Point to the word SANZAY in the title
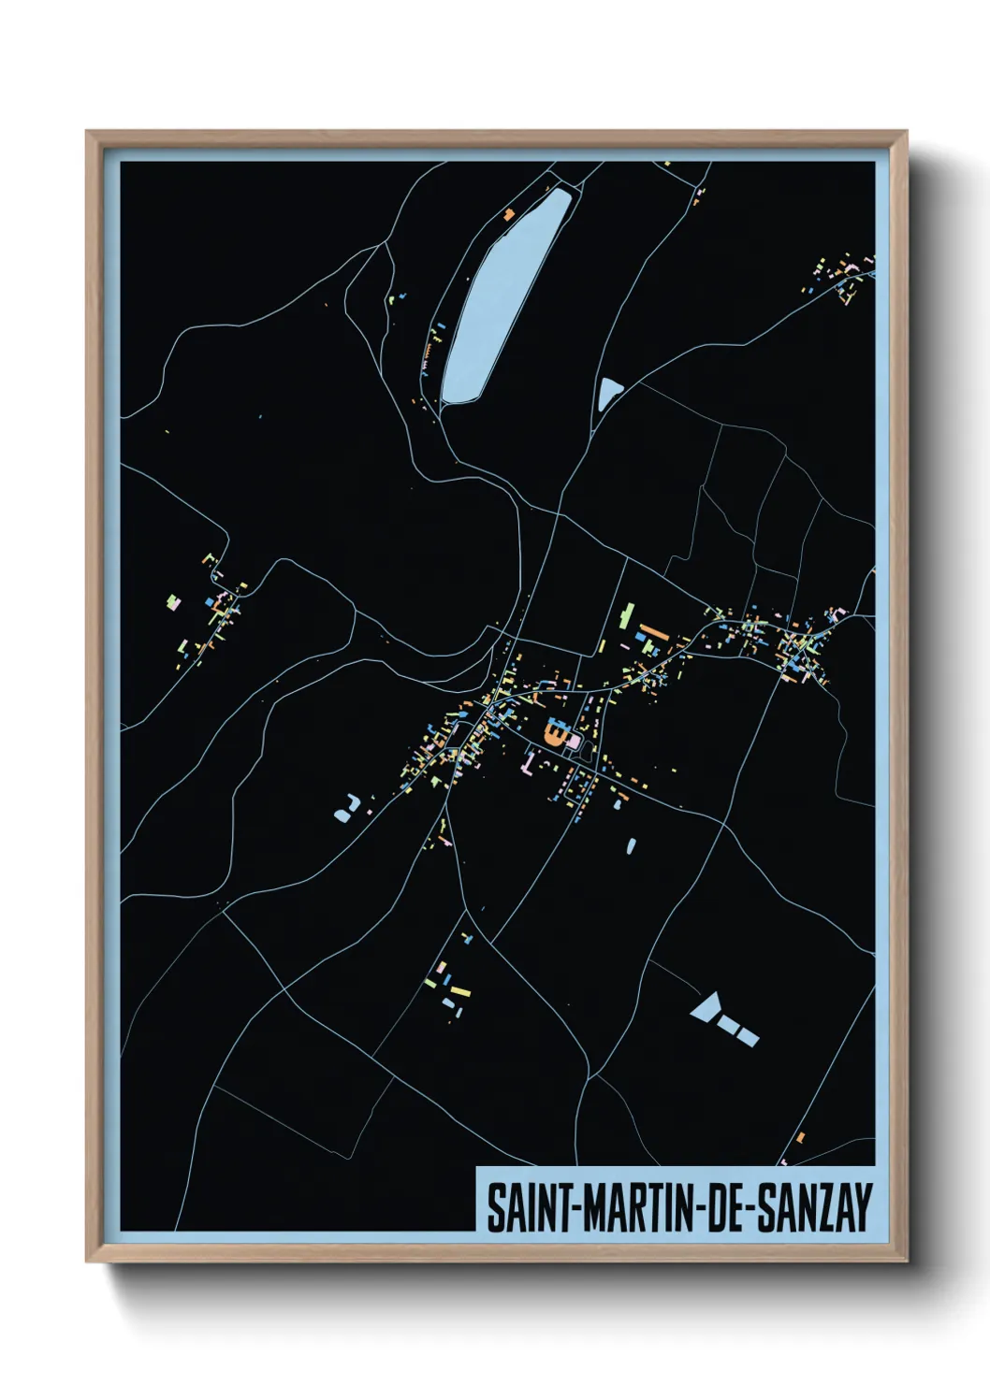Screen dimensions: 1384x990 pos(813,1207)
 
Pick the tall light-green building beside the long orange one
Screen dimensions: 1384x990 pos(625,614)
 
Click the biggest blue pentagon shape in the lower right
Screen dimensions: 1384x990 pos(706,1007)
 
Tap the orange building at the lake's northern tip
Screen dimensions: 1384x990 pos(509,214)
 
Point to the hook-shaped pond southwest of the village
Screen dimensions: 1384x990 pos(346,808)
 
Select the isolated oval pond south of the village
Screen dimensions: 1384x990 pos(631,845)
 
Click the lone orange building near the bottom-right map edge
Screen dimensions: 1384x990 pos(800,1137)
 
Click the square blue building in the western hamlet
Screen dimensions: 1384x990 pos(209,602)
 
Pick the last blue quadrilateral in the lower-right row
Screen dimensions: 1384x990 pos(748,1035)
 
